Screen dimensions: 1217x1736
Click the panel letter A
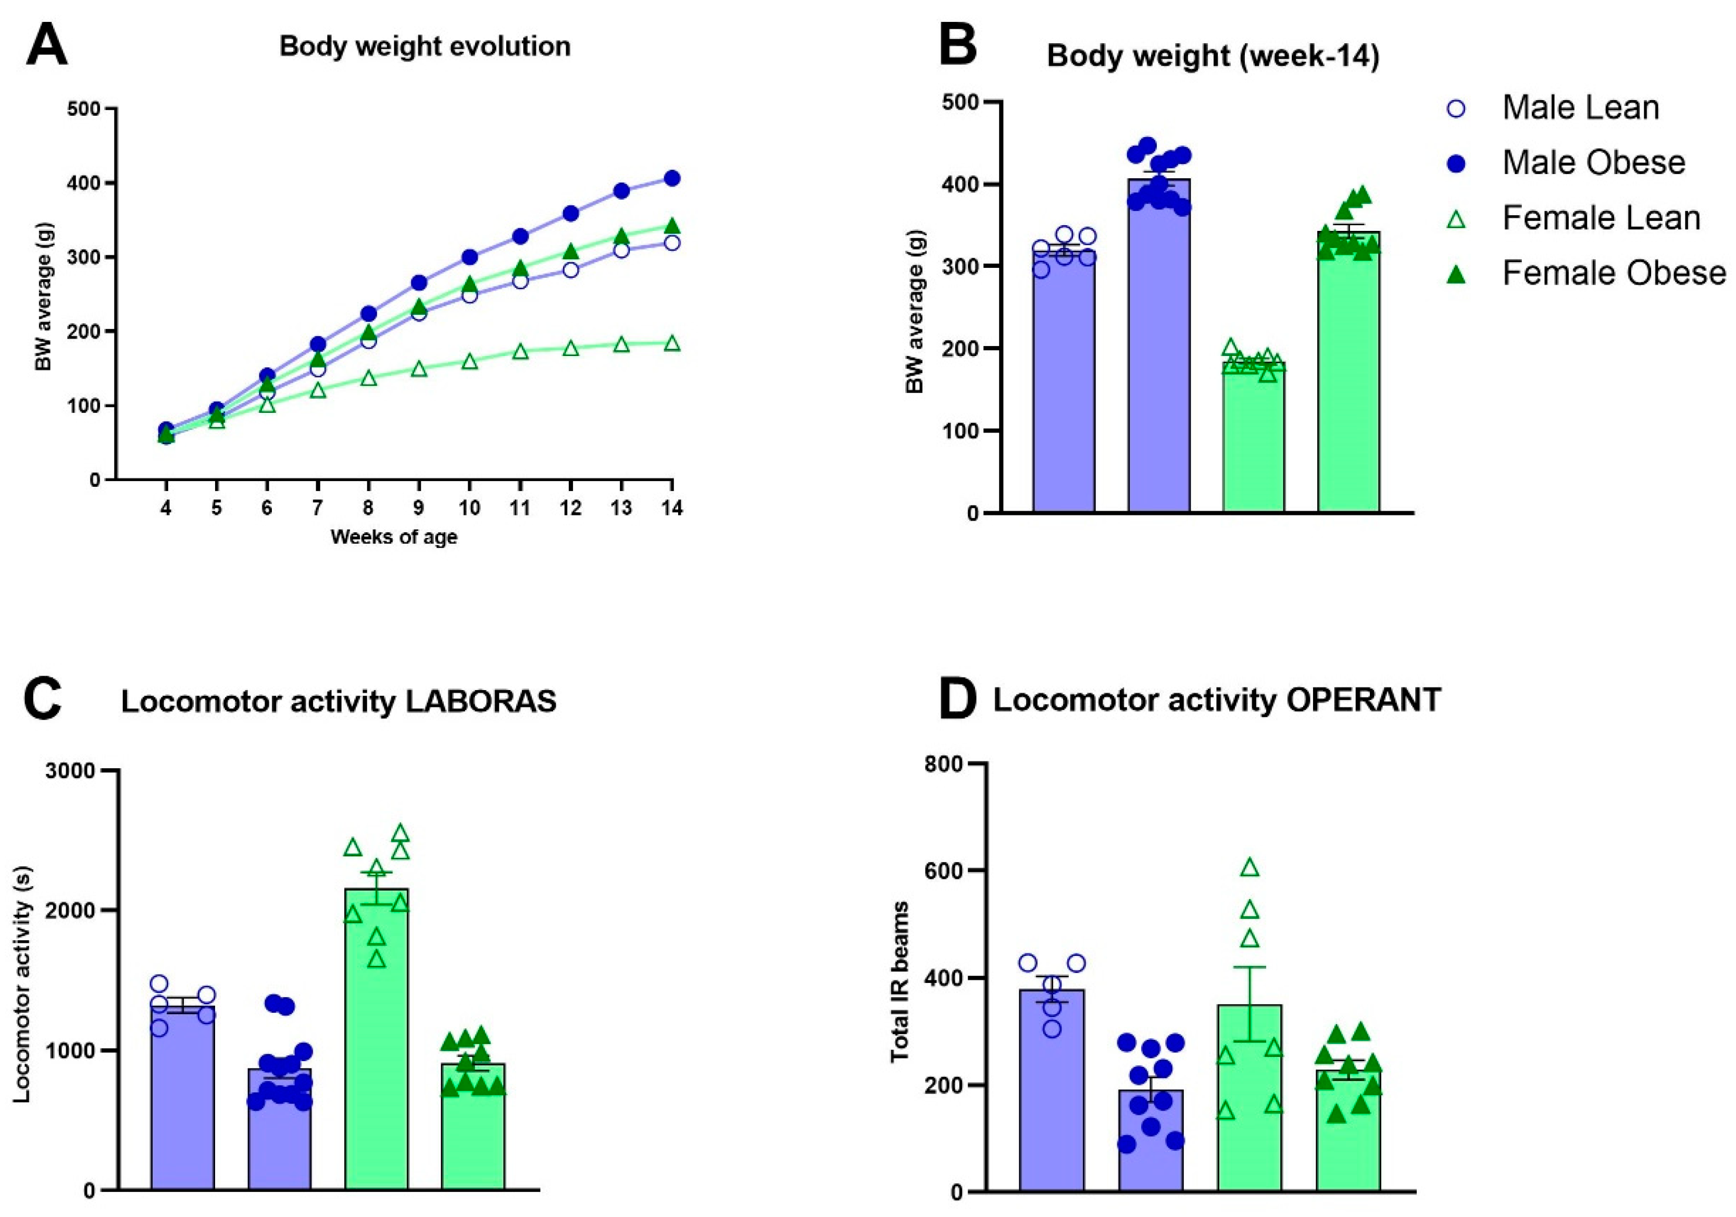[46, 45]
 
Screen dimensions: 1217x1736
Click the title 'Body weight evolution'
[425, 47]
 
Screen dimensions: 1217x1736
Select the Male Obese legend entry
[1593, 163]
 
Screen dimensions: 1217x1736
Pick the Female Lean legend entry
[1601, 218]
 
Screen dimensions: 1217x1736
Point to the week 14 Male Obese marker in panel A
[671, 178]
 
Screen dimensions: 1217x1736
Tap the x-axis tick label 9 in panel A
[418, 508]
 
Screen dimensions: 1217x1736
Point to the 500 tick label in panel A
[83, 109]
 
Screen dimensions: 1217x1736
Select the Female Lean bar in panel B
[1254, 439]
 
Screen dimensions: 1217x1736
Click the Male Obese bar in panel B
[1159, 363]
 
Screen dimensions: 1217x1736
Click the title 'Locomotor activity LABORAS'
[339, 702]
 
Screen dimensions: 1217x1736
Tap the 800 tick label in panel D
[945, 764]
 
